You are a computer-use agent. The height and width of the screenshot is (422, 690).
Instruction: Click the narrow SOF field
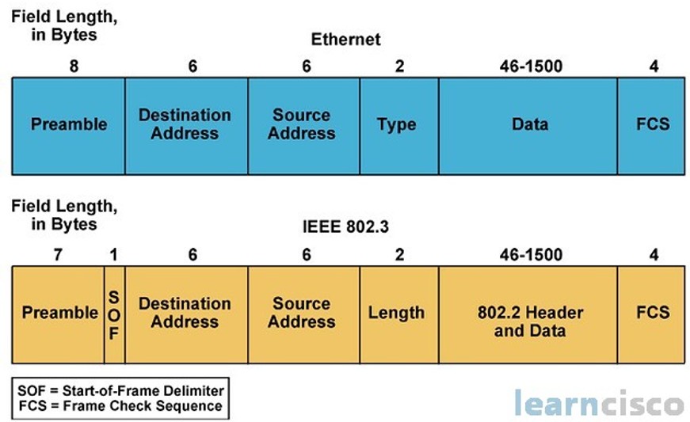pyautogui.click(x=114, y=314)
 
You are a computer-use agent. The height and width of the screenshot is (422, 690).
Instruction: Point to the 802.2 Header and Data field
pyautogui.click(x=528, y=314)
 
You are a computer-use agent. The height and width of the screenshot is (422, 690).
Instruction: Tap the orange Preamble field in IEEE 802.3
pyautogui.click(x=59, y=314)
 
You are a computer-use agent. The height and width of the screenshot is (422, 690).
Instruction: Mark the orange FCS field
pyautogui.click(x=652, y=314)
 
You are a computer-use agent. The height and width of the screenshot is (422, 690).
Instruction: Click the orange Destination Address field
pyautogui.click(x=186, y=314)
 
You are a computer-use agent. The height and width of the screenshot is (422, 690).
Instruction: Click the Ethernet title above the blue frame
pyautogui.click(x=345, y=40)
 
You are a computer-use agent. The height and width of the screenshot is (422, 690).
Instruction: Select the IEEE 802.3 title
pyautogui.click(x=345, y=227)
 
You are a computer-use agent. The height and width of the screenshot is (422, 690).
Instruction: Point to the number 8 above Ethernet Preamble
pyautogui.click(x=74, y=67)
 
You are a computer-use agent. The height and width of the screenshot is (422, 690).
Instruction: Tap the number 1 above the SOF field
pyautogui.click(x=114, y=255)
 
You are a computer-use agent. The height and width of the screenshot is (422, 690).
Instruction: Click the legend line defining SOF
pyautogui.click(x=120, y=390)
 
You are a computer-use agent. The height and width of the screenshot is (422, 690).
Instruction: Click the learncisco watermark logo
pyautogui.click(x=598, y=403)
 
